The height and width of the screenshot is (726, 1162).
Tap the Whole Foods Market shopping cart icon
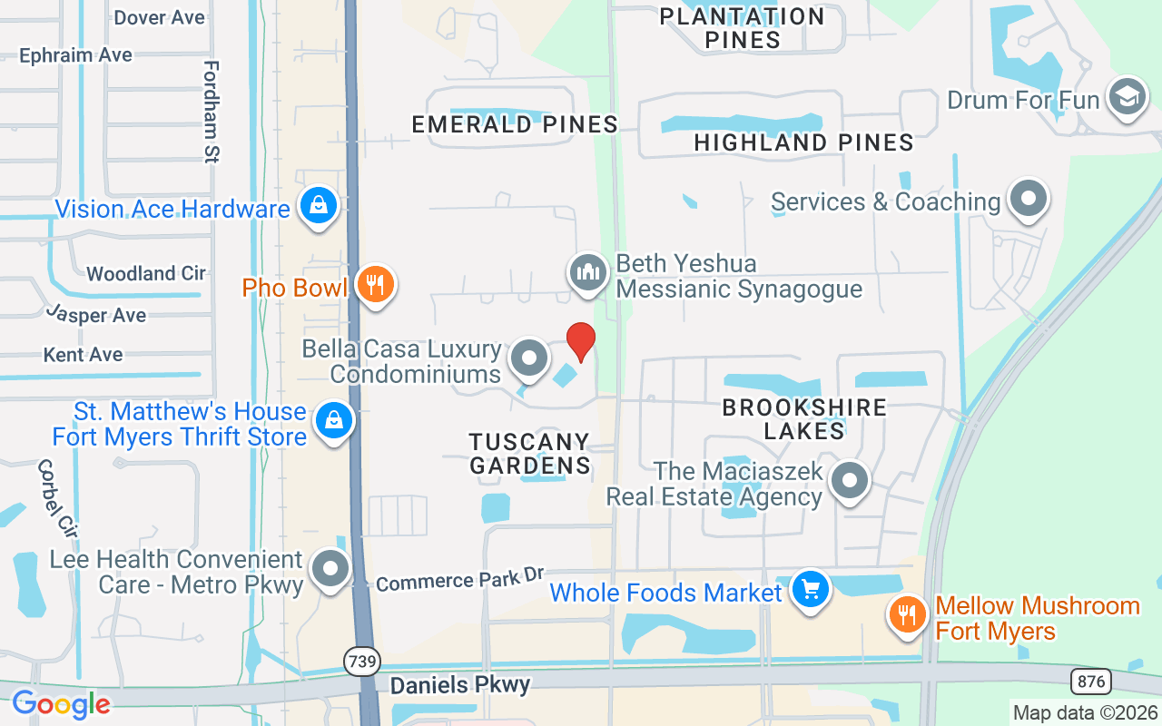(811, 591)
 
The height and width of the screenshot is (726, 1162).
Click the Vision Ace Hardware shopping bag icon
(319, 207)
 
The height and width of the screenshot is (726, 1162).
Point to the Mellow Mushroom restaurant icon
(907, 615)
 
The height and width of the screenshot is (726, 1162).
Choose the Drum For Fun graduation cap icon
(1128, 98)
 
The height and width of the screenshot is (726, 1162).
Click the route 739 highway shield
(362, 662)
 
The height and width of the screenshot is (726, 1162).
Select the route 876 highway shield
(1088, 681)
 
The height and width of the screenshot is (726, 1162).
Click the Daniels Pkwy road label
(459, 683)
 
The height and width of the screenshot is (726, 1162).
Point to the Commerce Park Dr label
(459, 579)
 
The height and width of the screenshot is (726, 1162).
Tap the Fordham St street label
(212, 111)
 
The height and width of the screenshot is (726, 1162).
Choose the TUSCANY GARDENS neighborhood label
(529, 454)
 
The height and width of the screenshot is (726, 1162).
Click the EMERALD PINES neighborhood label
(515, 124)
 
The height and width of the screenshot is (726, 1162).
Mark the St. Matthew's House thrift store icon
(334, 421)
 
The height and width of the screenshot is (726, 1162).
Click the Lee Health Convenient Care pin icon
(330, 569)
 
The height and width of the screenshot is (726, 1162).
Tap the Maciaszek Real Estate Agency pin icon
(850, 483)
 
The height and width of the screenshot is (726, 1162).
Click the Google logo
(61, 703)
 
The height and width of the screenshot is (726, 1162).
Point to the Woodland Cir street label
(146, 273)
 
